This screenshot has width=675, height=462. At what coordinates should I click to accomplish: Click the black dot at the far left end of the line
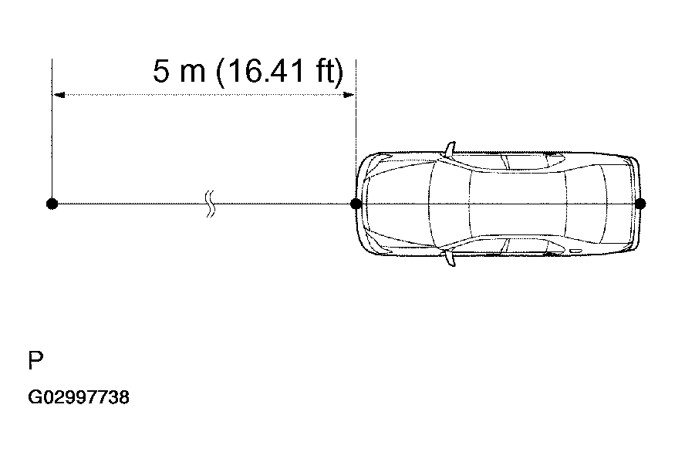[52, 204]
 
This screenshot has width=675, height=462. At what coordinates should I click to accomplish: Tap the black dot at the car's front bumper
[356, 204]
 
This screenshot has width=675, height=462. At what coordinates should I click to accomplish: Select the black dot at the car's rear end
[640, 204]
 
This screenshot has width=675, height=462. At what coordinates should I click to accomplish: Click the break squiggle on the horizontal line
[210, 204]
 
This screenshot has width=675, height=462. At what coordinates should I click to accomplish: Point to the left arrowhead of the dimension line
[58, 95]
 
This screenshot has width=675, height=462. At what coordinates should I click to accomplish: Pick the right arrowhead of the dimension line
[349, 95]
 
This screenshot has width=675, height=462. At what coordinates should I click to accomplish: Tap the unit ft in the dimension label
[324, 71]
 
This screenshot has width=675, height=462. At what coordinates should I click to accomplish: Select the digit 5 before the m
[161, 71]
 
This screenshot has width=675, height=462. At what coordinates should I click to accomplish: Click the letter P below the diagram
[35, 360]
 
